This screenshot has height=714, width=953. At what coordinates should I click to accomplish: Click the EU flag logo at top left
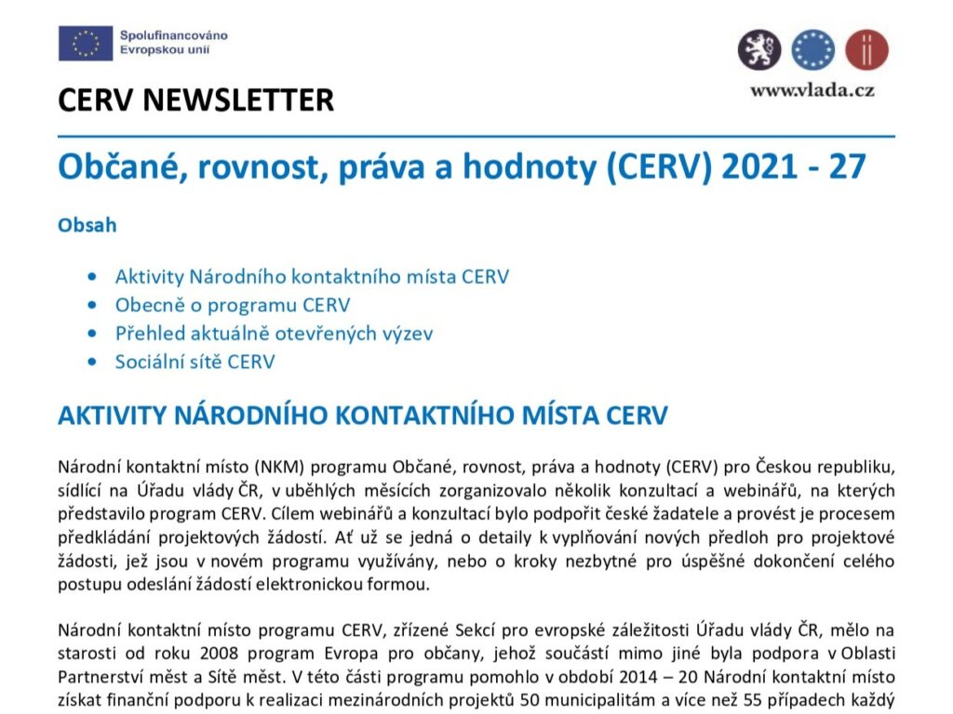coord(86,43)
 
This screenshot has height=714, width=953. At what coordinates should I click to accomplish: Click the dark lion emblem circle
coord(759,49)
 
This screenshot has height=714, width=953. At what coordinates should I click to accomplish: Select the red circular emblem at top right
coord(866,49)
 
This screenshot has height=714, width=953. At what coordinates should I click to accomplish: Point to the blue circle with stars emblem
coord(813,49)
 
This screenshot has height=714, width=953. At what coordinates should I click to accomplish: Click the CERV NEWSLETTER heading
coord(195,100)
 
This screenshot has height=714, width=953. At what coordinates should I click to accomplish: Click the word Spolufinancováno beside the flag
coord(173,35)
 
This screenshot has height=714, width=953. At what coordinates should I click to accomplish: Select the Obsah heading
coord(87,225)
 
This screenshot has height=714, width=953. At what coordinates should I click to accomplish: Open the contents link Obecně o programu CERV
coord(233,305)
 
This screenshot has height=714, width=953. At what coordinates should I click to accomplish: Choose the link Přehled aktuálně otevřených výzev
coord(274,333)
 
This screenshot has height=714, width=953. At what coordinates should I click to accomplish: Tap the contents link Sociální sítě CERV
coord(195,362)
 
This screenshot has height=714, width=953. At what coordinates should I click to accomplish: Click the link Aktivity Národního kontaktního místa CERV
coord(312,276)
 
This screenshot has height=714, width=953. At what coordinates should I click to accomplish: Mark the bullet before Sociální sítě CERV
coord(90,362)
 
